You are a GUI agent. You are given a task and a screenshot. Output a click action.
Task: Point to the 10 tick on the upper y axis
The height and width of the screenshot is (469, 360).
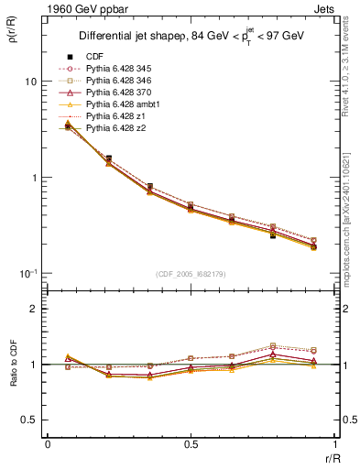coord(30,82)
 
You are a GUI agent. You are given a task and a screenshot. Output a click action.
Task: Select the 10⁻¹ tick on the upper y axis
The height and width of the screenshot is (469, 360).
coord(27,273)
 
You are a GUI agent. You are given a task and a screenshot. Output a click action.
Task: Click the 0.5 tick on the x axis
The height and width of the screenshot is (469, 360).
coord(191,444)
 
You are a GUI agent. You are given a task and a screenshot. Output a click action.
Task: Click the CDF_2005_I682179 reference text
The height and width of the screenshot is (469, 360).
coord(191,274)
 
